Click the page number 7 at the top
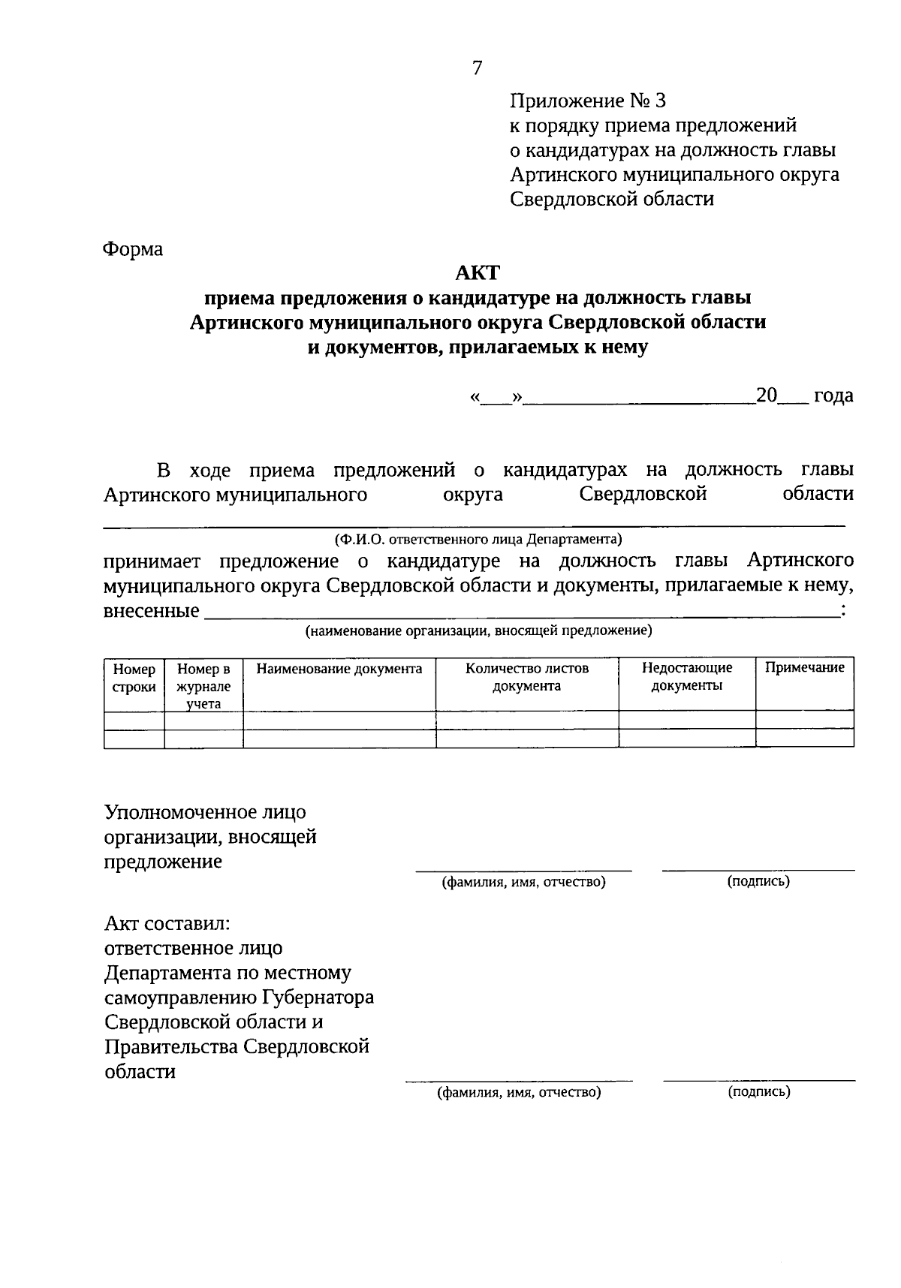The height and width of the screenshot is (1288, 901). click(478, 68)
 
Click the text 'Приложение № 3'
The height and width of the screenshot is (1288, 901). click(588, 101)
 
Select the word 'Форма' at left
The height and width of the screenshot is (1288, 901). click(133, 248)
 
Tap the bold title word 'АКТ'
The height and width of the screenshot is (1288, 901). click(478, 272)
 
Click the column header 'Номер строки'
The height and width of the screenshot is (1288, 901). click(134, 678)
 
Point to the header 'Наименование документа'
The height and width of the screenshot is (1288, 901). click(339, 669)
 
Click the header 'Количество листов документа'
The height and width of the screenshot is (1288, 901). click(527, 677)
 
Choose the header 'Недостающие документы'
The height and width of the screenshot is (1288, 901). click(687, 676)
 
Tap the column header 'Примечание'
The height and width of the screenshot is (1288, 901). click(804, 668)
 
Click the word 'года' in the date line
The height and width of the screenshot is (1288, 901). click(833, 396)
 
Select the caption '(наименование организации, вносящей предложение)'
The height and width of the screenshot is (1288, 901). click(478, 631)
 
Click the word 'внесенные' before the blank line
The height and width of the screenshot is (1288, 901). click(152, 611)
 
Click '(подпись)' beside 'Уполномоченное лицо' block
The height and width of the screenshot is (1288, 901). click(758, 881)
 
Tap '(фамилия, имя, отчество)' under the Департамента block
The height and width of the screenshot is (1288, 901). click(520, 1093)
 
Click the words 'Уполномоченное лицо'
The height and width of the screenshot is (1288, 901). click(205, 812)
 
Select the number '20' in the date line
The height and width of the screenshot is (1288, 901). click(767, 396)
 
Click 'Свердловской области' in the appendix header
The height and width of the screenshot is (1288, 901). click(612, 199)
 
